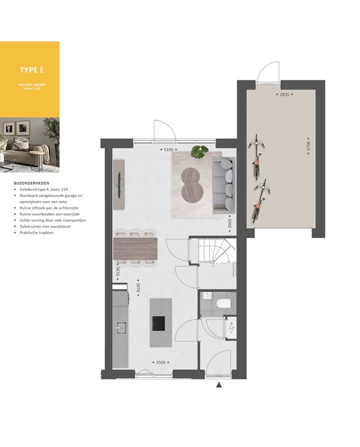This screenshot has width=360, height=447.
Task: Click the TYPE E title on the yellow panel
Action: (x=32, y=70)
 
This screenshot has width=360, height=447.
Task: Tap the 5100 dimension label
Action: (x=168, y=150)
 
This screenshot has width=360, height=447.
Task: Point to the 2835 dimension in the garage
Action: (x=284, y=94)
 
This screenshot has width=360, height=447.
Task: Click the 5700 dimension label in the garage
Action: (x=309, y=147)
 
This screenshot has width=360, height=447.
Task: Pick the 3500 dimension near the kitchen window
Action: (x=161, y=363)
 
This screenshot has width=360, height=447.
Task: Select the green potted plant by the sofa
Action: (x=200, y=152)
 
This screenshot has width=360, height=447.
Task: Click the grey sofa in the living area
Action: (x=223, y=185)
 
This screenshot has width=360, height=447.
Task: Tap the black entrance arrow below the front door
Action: (x=219, y=385)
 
